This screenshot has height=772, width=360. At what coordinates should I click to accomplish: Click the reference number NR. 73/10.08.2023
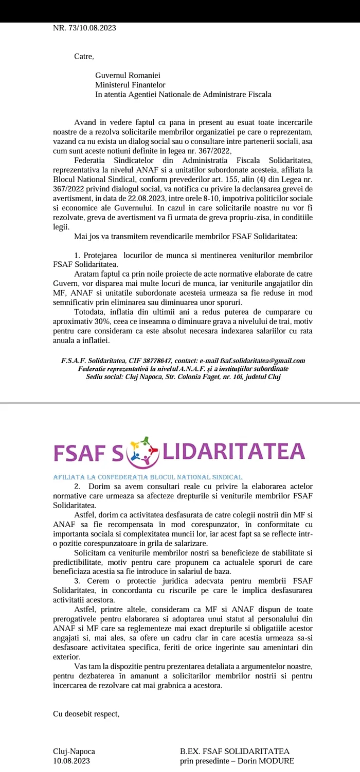pos(84,28)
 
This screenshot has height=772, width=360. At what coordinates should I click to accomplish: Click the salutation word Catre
pos(84,56)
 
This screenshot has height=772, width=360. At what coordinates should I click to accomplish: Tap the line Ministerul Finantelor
pos(131,85)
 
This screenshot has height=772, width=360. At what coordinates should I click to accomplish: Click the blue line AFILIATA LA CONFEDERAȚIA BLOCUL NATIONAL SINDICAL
pos(148,477)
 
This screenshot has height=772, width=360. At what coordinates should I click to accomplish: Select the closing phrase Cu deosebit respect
pos(86,714)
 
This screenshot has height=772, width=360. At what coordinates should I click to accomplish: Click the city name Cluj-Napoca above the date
pos(74,751)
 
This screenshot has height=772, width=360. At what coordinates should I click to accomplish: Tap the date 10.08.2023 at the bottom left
pos(71,761)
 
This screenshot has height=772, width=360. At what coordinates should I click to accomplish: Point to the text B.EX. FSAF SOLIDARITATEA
pos(235,751)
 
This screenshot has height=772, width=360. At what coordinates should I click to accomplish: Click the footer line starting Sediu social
pos(183,376)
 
